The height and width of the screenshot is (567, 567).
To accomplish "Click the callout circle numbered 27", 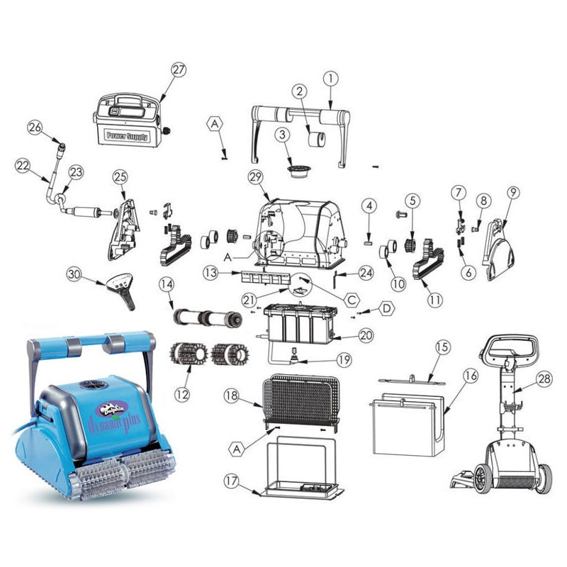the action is [179, 69].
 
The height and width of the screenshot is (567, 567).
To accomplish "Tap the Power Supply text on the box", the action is [127, 136].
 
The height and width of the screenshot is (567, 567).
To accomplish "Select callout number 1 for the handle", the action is [330, 79].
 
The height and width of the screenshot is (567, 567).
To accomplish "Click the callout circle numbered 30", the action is [74, 274].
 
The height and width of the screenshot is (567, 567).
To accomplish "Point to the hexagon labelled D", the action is [386, 308].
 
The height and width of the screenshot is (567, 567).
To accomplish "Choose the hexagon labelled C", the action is [352, 299].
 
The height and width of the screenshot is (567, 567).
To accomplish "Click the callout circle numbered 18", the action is [232, 395].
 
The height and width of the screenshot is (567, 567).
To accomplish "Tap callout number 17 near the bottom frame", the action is [232, 481].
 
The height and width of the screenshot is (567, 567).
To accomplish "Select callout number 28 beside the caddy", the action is [544, 379].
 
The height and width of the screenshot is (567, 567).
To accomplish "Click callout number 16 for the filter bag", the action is [471, 376].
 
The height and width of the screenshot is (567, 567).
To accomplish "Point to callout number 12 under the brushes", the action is [182, 394].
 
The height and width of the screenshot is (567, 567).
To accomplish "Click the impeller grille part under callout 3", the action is [298, 170].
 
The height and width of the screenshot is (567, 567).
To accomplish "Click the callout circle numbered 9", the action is [512, 193].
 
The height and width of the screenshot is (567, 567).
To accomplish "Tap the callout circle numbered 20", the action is [366, 335].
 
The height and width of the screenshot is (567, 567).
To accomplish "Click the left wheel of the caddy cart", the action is [481, 479].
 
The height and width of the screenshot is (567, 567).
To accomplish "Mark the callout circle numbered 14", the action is [167, 284].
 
